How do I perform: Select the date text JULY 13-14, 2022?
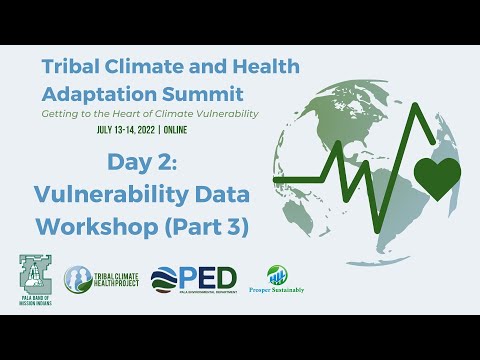[x=135, y=130]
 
